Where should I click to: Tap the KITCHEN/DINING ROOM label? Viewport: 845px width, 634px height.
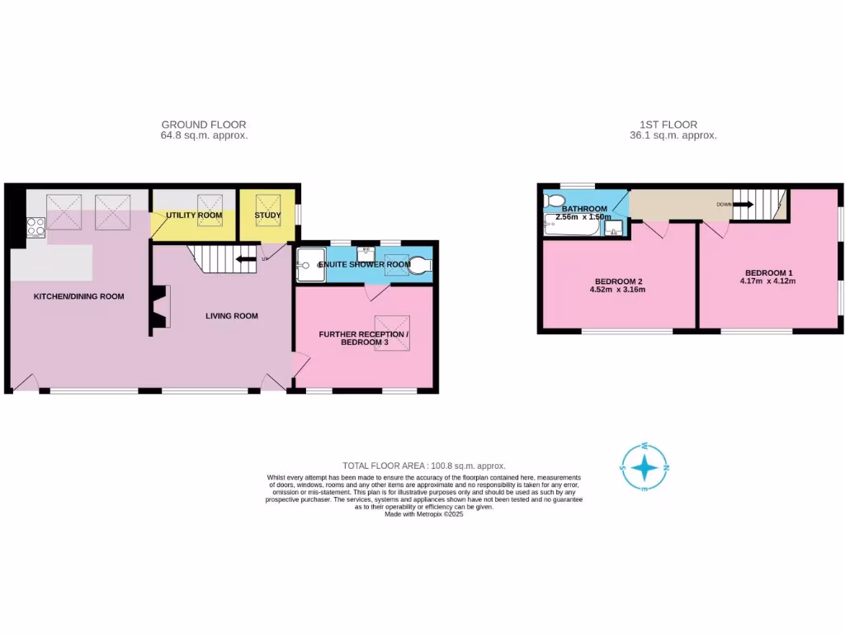point(78,296)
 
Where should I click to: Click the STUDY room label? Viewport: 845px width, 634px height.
point(267,215)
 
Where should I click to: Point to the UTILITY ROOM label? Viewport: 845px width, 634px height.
point(194,215)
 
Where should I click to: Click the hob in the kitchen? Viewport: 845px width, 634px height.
point(35,225)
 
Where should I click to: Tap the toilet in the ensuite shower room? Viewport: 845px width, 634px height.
point(420,265)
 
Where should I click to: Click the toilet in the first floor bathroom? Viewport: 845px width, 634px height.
point(554,201)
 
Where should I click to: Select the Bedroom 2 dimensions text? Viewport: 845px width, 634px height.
point(617,290)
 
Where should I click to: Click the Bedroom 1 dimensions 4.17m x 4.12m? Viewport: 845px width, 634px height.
point(768,282)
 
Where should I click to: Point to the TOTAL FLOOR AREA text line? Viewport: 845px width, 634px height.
point(423,466)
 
